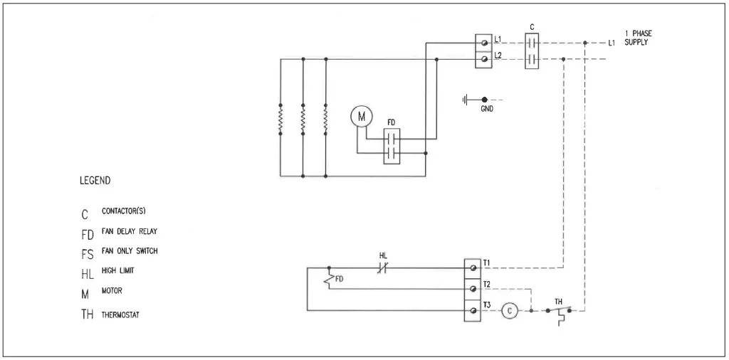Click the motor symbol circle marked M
click(x=360, y=115)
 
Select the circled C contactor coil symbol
click(x=510, y=310)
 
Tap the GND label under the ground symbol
click(x=486, y=110)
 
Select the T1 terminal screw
click(x=472, y=268)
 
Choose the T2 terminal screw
click(x=472, y=290)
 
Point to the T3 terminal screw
click(x=472, y=311)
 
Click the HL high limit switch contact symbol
click(x=382, y=268)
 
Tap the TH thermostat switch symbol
click(x=559, y=312)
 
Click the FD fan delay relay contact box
click(x=392, y=147)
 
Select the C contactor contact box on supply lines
click(x=532, y=51)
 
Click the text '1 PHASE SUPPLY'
click(x=637, y=38)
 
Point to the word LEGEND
click(x=95, y=181)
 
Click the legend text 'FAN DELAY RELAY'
click(x=130, y=231)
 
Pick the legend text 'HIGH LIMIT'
click(x=118, y=270)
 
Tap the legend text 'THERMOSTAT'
click(x=121, y=314)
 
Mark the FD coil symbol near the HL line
click(x=330, y=279)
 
